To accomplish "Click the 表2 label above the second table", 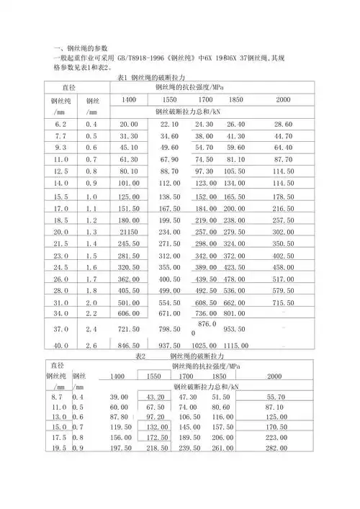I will (140, 356).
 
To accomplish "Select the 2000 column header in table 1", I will (283, 99).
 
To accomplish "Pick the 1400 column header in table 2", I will (119, 377).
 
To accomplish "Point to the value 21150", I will (129, 232).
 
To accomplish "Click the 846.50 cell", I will (129, 346).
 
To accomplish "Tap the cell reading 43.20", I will (156, 397).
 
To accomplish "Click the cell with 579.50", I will (283, 291).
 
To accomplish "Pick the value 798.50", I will (169, 329).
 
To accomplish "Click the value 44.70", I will (283, 136).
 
